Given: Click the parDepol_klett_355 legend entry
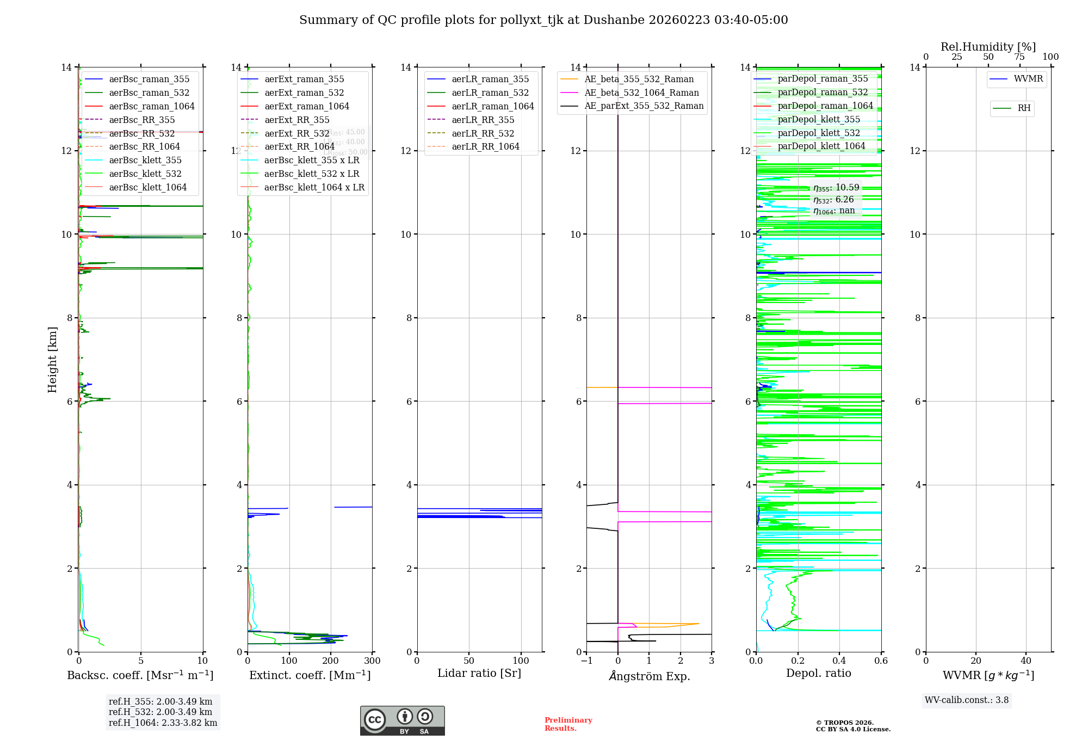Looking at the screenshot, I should click(x=819, y=120).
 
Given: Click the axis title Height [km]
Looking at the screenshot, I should click(x=52, y=359).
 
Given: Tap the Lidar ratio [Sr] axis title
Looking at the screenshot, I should click(x=479, y=674).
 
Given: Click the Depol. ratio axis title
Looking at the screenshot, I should click(x=818, y=674).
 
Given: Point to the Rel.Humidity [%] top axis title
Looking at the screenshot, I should click(x=988, y=47).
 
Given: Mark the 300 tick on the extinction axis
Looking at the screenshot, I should click(x=373, y=661).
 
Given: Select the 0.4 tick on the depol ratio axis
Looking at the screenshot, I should click(x=839, y=661).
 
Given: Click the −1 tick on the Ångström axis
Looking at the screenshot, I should click(x=586, y=661).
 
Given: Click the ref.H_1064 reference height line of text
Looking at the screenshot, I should click(x=163, y=723).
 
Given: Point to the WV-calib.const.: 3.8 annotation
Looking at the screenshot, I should click(x=967, y=700).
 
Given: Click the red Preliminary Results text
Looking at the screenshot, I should click(x=568, y=724).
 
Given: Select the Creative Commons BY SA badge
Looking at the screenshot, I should click(x=402, y=721).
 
